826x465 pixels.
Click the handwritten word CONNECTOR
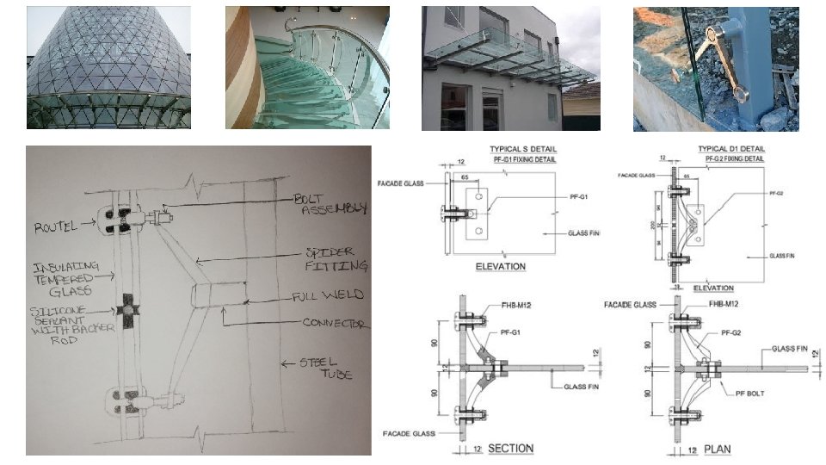tap(336, 325)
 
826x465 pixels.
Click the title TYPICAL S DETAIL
tap(524, 149)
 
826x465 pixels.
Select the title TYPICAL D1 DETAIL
tap(730, 149)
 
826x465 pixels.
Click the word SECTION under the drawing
tap(510, 449)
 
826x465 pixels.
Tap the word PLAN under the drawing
tap(717, 449)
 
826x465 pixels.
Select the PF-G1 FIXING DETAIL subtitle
tap(525, 159)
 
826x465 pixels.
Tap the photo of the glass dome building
tap(108, 67)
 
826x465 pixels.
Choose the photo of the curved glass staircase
tap(307, 67)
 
